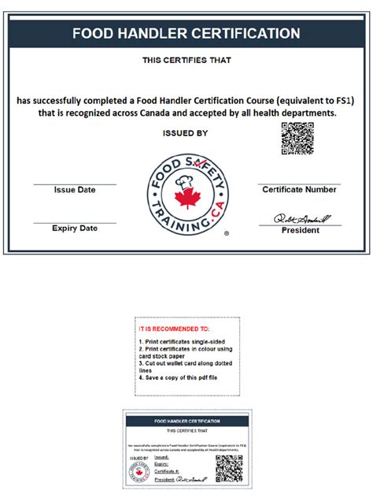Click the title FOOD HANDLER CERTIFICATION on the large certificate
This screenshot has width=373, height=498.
coord(186,34)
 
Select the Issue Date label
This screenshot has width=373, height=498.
coord(75,190)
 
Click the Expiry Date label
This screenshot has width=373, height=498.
coord(75,229)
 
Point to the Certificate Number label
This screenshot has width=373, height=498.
coord(299,190)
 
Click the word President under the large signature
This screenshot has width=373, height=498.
coord(301,231)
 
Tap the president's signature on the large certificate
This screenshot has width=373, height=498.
coord(302,217)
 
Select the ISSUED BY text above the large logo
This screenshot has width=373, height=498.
coord(186,133)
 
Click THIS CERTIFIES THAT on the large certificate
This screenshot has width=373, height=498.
coord(186,60)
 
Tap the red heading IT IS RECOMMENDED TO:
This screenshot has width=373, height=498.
coord(174,327)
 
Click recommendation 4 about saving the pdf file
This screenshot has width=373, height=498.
coord(178,378)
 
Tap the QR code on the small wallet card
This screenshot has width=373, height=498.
coord(229,468)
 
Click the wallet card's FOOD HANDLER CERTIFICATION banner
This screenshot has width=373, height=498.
coord(186,422)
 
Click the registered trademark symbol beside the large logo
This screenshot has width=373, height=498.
coord(227,234)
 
